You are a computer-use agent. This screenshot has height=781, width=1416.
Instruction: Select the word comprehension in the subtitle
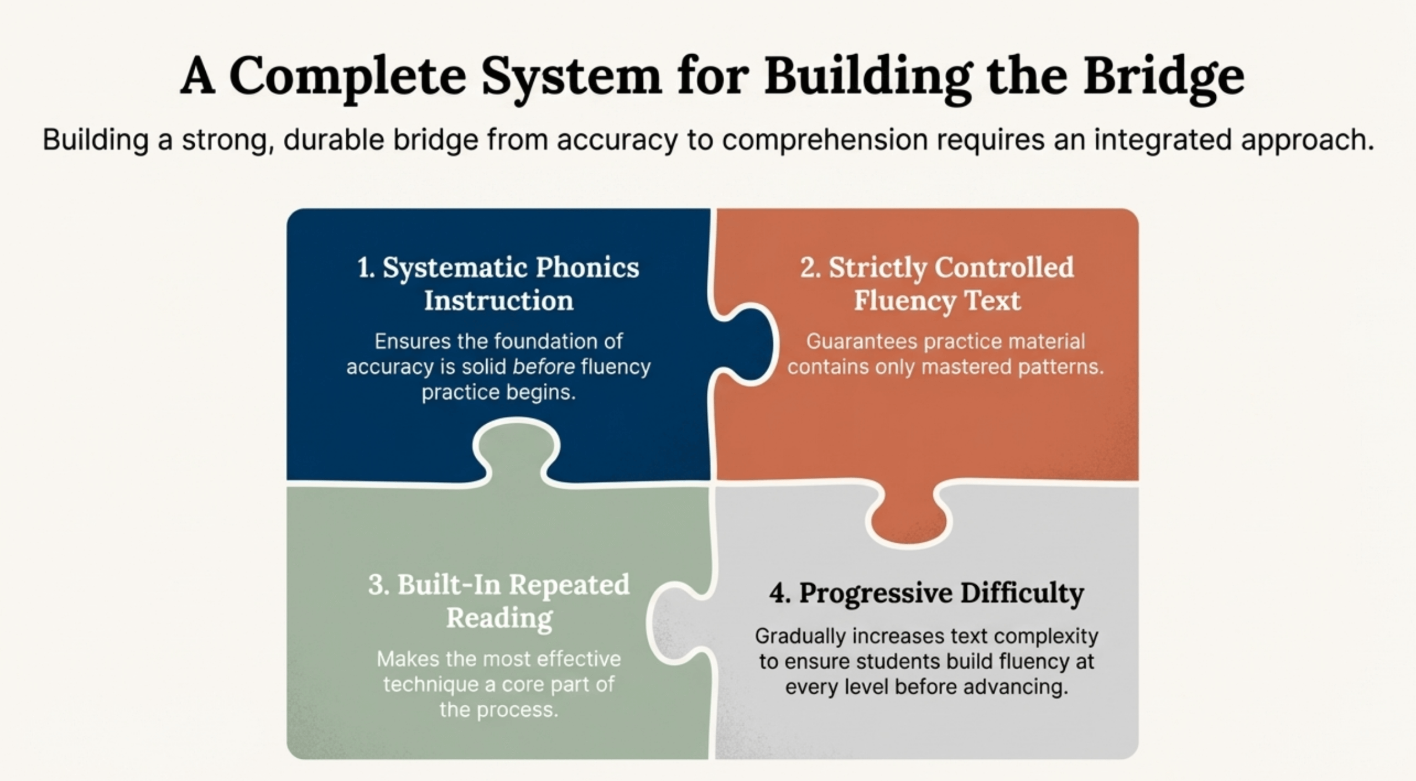(x=825, y=139)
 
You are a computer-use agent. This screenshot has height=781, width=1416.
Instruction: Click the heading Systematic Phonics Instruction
(x=498, y=284)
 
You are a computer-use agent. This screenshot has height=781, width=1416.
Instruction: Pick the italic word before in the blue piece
(x=544, y=367)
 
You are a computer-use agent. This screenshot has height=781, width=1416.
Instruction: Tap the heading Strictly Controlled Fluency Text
(x=937, y=284)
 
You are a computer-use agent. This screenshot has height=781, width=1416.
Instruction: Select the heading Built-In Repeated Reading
(x=498, y=601)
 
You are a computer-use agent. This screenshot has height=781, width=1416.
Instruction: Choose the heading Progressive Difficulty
(x=926, y=593)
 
